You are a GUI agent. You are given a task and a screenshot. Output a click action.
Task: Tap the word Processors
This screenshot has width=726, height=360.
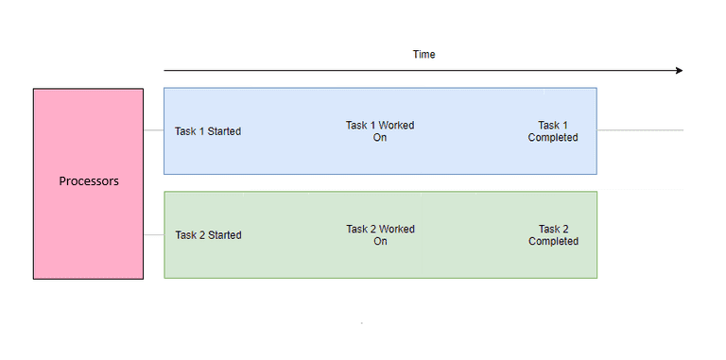[x=89, y=181]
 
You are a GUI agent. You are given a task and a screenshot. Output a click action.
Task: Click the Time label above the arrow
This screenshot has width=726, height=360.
[x=423, y=55]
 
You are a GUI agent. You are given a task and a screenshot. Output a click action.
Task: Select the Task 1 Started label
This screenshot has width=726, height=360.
[x=208, y=131]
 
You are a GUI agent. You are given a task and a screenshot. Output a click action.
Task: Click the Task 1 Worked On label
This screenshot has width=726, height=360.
[x=380, y=131]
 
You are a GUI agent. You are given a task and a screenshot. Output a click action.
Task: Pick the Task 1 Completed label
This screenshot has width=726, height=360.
[x=553, y=131]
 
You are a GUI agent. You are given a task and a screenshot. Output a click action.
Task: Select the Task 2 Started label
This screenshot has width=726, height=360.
[x=208, y=235]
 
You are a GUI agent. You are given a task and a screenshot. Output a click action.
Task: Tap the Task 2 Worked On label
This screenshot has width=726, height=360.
[x=380, y=235]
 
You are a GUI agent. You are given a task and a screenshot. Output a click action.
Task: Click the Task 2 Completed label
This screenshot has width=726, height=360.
[x=553, y=235]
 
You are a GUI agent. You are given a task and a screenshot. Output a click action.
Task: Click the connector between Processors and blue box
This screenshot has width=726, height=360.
[x=153, y=131]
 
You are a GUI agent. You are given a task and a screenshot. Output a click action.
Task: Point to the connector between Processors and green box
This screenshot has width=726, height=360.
[x=153, y=235]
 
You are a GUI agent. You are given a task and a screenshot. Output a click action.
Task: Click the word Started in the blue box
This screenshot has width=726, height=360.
[x=223, y=131]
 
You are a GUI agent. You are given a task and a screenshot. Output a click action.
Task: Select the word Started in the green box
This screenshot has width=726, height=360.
[x=223, y=235]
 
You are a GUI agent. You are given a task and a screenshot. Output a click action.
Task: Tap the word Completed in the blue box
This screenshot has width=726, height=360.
[x=553, y=138]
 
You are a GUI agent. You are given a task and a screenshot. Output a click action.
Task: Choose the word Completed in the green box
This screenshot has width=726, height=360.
[x=553, y=242]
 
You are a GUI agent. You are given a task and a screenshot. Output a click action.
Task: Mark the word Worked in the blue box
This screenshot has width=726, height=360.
[x=397, y=126]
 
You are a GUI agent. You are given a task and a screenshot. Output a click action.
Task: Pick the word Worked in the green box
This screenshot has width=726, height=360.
[x=397, y=230]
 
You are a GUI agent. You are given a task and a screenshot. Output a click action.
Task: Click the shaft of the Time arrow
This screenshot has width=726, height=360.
[x=416, y=71]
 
